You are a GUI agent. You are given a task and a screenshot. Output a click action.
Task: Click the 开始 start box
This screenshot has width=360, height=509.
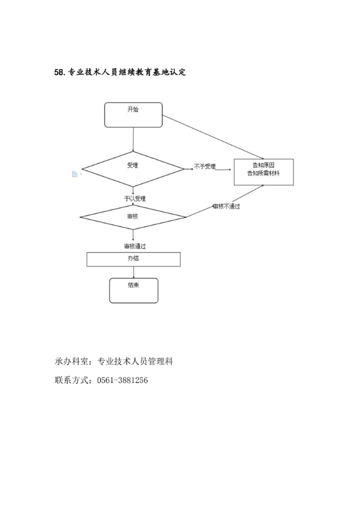pyautogui.click(x=133, y=115)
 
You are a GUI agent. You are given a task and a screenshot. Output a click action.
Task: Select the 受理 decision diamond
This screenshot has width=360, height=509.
pyautogui.click(x=133, y=169)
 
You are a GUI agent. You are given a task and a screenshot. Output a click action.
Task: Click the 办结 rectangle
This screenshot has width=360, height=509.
pyautogui.click(x=133, y=259)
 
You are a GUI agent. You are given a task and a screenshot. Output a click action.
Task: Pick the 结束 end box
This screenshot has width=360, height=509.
pyautogui.click(x=133, y=290)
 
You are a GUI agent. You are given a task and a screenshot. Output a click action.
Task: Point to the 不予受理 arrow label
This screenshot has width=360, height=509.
pyautogui.click(x=205, y=166)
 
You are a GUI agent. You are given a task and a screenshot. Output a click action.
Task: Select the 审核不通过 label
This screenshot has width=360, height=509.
pyautogui.click(x=226, y=206)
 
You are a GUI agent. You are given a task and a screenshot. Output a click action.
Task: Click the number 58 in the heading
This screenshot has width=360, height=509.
pyautogui.click(x=59, y=73)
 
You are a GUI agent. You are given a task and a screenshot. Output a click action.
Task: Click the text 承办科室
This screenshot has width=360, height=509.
pyautogui.click(x=71, y=361)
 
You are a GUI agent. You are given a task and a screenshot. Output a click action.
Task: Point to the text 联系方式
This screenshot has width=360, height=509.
pyautogui.click(x=71, y=380)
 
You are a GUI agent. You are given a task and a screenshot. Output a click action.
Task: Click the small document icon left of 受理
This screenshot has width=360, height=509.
pyautogui.click(x=74, y=174)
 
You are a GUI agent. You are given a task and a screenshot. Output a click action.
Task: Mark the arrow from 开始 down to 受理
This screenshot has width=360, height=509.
pyautogui.click(x=133, y=139)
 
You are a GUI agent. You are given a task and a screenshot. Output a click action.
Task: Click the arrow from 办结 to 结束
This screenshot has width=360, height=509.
pyautogui.click(x=133, y=272)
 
